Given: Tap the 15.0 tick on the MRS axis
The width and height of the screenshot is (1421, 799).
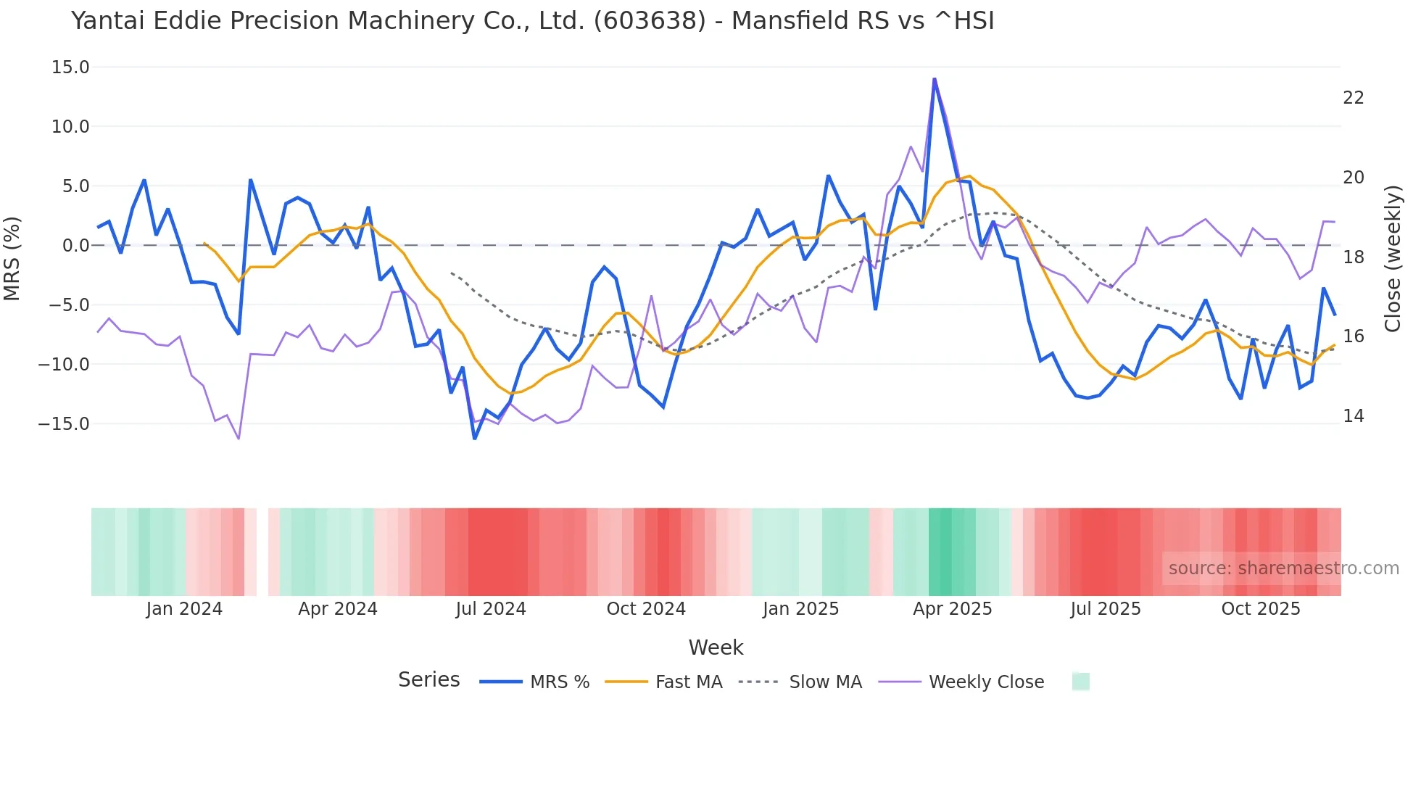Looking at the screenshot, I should coord(70,67).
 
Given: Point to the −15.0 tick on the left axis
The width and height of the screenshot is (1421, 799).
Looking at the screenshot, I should coord(64,423).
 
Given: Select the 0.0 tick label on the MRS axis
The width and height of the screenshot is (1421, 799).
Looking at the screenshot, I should coord(75,246).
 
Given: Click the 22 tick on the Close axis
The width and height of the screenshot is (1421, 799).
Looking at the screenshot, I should coord(1353,98).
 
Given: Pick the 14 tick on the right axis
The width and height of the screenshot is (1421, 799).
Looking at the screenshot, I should coord(1353,416).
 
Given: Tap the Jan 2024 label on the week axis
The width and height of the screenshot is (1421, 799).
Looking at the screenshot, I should coord(184,609).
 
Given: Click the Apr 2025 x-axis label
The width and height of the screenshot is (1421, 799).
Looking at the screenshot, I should coord(952,609).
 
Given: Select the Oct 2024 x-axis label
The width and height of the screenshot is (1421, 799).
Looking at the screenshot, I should coord(646,609).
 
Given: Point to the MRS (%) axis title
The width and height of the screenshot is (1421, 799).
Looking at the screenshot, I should coord(12,258).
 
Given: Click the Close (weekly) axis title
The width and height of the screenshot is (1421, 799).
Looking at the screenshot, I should coord(1393,259).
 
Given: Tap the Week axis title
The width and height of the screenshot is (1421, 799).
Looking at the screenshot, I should coord(716,647).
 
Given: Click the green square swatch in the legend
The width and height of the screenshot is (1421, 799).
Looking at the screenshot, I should coord(1080,682).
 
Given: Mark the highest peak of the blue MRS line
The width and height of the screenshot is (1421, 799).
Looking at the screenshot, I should coord(935,78).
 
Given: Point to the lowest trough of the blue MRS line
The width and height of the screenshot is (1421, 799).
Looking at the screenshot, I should coord(475,439).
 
